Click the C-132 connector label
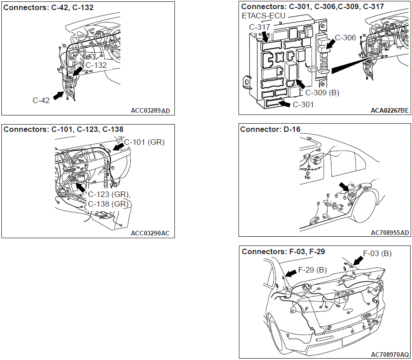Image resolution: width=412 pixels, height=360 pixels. point(96,65)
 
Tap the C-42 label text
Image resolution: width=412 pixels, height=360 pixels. point(41,100)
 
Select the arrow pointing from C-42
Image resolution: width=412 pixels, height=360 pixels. point(59,95)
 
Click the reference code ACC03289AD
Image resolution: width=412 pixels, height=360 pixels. point(150,111)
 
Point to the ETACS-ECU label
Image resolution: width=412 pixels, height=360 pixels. point(263,16)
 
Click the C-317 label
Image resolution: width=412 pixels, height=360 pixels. point(260,27)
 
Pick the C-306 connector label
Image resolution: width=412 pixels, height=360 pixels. point(345,38)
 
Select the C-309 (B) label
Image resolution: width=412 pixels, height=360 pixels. point(322,93)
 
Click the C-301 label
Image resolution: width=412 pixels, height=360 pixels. point(303,105)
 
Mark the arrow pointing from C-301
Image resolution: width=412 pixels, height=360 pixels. point(285,104)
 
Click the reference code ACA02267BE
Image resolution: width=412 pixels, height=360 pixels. point(390,110)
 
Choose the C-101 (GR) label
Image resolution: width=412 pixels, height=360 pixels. point(144,142)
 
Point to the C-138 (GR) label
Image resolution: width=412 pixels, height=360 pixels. point(108,204)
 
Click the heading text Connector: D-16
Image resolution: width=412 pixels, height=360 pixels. point(270,129)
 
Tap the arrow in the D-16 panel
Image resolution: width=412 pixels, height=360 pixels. point(344,187)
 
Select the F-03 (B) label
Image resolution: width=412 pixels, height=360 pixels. point(377,253)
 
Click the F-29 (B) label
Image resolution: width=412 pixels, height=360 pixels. point(312,270)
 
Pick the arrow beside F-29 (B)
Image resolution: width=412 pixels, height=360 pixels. point(291,273)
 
